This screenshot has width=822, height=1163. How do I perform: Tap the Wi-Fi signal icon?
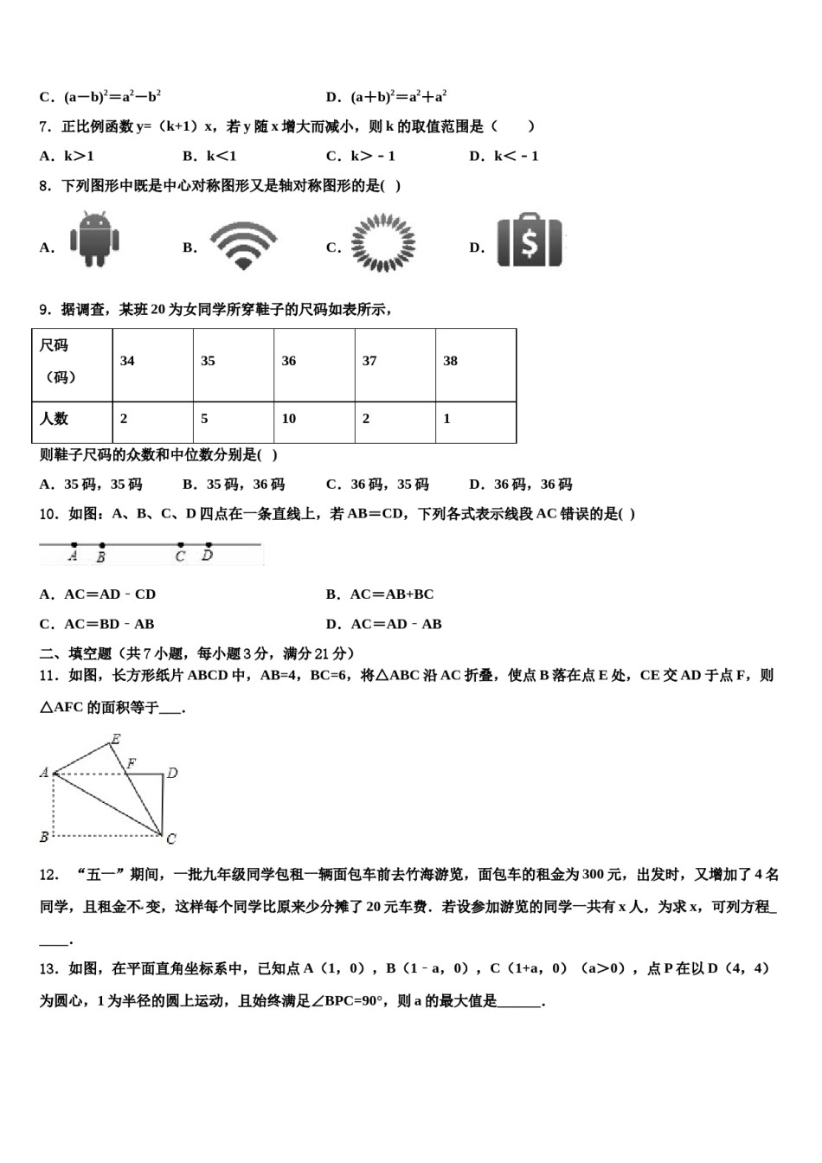pos(243,244)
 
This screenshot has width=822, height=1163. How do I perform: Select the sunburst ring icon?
pos(382,244)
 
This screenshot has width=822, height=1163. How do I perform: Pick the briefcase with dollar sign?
pos(530,241)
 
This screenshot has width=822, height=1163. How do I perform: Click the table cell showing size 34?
pos(127,361)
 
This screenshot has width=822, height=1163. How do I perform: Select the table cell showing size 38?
pos(450,361)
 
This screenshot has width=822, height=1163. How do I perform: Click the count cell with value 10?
pos(289,419)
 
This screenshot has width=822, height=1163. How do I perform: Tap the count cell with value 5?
pos(204,419)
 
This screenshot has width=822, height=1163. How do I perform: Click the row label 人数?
pos(54,419)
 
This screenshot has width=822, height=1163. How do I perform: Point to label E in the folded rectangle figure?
pos(115,738)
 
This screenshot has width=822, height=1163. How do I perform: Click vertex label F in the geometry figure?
pos(132,763)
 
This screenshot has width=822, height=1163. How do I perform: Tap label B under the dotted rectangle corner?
pos(43,837)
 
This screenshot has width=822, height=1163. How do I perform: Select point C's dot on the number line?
pos(180,545)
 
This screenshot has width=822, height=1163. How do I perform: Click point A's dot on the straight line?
pos(74,545)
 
